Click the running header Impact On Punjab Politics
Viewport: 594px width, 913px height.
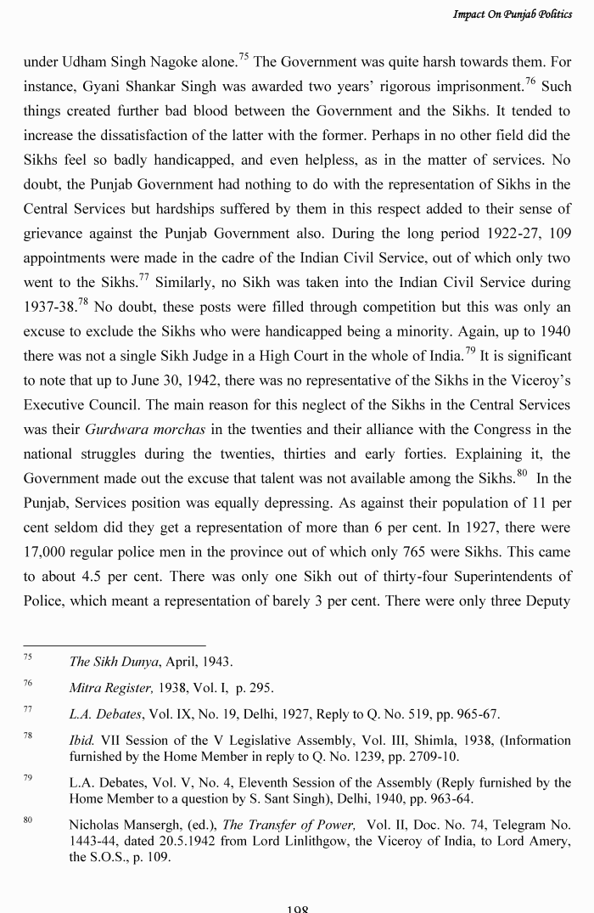512,14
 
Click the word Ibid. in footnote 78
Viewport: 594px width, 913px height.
81,741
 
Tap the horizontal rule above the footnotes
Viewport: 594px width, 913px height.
115,645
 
